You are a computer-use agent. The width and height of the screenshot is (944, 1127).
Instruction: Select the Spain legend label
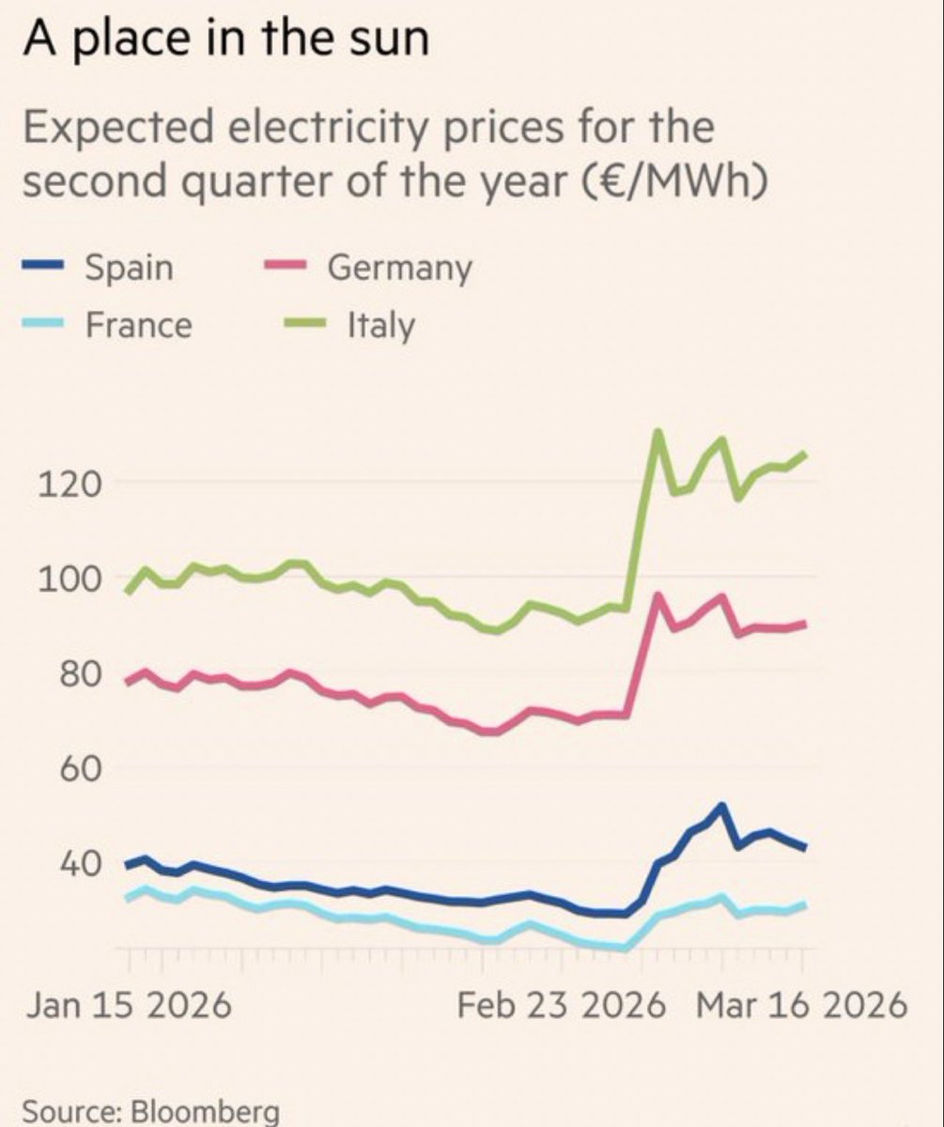coord(129,268)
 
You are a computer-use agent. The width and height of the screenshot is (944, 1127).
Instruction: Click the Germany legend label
coord(399,269)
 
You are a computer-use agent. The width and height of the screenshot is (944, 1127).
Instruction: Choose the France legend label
coord(138,325)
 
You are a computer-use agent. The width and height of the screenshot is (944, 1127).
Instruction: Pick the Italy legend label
coord(380,326)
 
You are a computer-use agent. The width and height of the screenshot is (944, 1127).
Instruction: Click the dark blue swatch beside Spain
coord(41,269)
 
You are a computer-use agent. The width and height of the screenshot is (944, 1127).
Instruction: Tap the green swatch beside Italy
coord(302,326)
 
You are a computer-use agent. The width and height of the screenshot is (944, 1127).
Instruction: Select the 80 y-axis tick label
coord(56,674)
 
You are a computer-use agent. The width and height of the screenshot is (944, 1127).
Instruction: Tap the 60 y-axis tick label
coord(56,769)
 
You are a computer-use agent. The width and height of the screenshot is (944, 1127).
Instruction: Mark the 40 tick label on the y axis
coord(56,864)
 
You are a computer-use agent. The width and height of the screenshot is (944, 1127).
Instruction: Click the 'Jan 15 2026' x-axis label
coord(128,1006)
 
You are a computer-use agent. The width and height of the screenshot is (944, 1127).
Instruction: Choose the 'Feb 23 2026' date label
coord(561,1006)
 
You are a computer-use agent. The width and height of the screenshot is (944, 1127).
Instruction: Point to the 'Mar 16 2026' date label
coord(801,1006)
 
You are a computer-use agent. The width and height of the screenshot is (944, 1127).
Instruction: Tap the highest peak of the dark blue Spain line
coord(721,806)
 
